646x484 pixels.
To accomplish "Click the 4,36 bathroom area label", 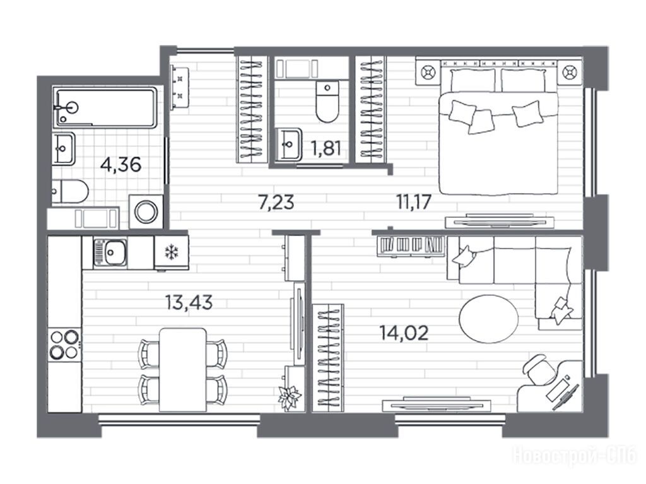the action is [120, 165].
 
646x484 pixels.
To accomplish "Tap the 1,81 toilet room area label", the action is [326, 148].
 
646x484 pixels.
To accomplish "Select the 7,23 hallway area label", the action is [276, 203].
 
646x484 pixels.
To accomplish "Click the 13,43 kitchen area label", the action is [189, 302].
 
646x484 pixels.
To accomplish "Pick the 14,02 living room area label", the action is [404, 333].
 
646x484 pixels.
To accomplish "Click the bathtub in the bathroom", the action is [105, 107].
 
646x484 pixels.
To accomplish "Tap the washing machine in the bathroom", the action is [146, 212].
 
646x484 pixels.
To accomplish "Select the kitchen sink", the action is [110, 252].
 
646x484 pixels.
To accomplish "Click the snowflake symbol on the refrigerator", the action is [170, 252].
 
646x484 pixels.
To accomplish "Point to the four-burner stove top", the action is [65, 345].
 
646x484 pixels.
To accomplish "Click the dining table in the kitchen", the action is [183, 370].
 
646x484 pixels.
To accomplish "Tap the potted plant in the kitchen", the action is [290, 396].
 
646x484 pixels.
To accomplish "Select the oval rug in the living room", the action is [489, 319].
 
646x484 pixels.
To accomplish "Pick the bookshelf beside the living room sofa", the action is [411, 245].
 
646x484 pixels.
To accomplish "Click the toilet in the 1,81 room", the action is [327, 102].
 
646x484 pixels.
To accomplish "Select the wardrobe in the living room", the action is [328, 358].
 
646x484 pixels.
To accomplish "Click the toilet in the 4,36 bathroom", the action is [70, 192].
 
